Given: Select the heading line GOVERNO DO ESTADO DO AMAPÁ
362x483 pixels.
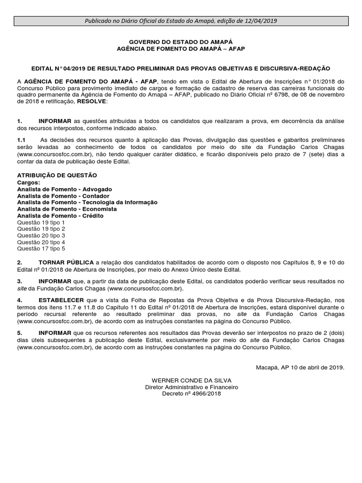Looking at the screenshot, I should [181, 42].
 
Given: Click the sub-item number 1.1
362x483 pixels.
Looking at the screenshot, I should [21, 140].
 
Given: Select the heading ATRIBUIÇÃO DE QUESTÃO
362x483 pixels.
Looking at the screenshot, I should [57, 175].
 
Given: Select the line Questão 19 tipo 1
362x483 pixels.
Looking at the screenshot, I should [41, 222].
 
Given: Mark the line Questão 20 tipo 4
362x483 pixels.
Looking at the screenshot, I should [41, 241].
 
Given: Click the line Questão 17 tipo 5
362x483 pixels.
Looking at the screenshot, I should [41, 248].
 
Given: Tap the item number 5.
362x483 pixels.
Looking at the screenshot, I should [19, 333].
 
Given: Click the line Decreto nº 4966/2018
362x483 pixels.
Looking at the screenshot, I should [191, 393].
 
